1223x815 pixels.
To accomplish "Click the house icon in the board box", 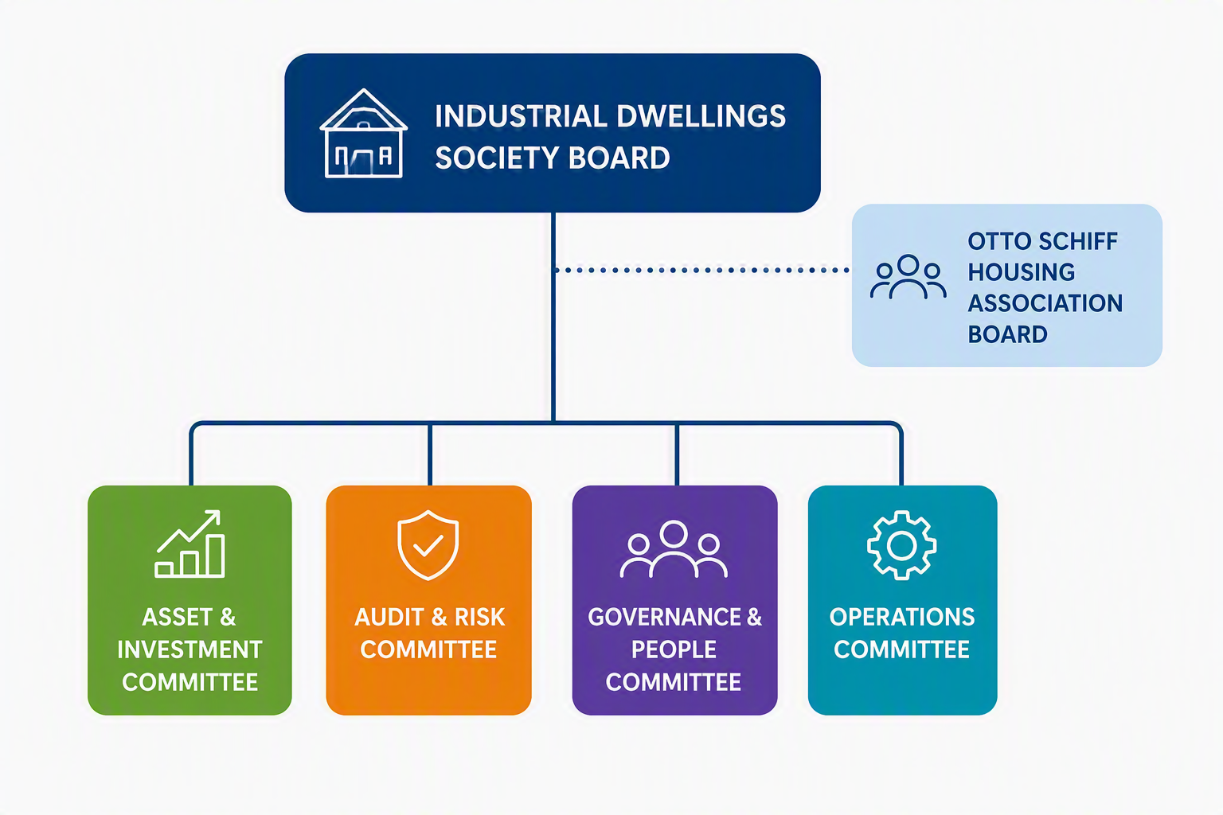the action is click(363, 134).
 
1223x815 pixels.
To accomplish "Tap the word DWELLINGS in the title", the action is click(701, 116).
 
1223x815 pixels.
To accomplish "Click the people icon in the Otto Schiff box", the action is click(908, 277).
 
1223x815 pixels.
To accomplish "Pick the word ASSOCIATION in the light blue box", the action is click(1045, 303).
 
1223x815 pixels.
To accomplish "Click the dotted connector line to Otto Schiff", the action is click(701, 270).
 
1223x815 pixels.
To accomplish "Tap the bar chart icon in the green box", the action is click(190, 544).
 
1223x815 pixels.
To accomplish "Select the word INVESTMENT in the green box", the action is click(190, 649).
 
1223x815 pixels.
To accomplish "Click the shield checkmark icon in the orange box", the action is click(428, 544).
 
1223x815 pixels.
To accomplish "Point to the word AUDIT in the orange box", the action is click(389, 618).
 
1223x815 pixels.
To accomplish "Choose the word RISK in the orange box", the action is click(480, 618).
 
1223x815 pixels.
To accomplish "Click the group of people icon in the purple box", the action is click(673, 548).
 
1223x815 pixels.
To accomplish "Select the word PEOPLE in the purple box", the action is click(674, 649).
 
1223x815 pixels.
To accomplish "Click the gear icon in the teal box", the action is click(901, 544).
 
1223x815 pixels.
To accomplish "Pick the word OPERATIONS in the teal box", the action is click(902, 618).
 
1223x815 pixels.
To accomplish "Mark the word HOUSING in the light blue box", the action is click(1022, 272).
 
